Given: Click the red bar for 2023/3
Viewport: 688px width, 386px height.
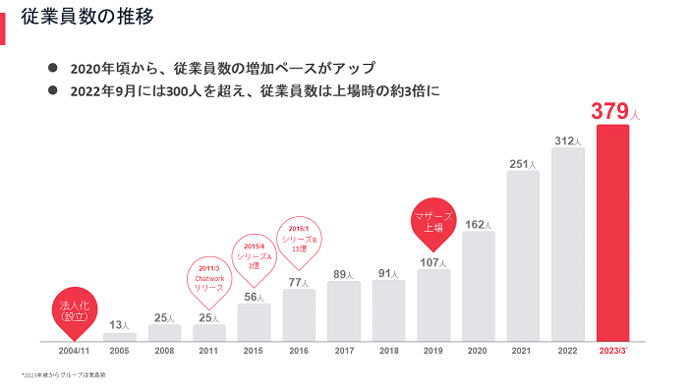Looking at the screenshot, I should pos(612,233).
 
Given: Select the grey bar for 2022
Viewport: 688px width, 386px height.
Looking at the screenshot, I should pos(567,245).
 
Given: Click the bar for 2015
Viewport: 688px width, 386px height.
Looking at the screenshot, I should pos(254,322).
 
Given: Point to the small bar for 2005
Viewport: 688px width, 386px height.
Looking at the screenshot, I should pos(120,337).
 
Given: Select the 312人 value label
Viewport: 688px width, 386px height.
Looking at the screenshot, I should pos(568,141).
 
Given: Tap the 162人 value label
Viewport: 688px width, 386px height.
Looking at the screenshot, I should pos(478,224).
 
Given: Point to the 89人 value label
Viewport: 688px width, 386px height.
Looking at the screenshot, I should pos(344,274).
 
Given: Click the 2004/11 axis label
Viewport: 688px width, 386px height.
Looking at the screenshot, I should pos(75,351).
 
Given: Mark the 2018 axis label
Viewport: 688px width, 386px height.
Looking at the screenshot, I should pos(388,351).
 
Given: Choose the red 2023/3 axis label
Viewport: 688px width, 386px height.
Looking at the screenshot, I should pos(612,351).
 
